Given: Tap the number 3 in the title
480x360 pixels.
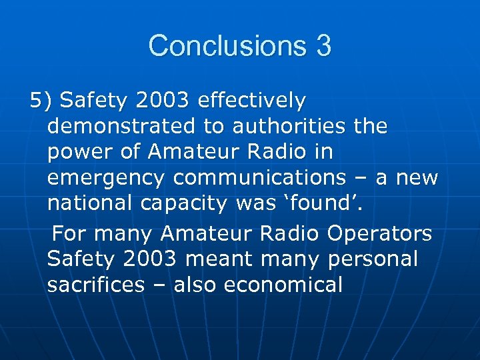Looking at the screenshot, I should point(322,46).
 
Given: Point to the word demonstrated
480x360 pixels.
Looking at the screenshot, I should point(127,126).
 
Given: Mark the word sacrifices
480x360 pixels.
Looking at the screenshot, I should point(96,285).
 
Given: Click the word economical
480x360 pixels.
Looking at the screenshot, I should point(283,285).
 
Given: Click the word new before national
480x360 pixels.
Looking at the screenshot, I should point(417,179).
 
